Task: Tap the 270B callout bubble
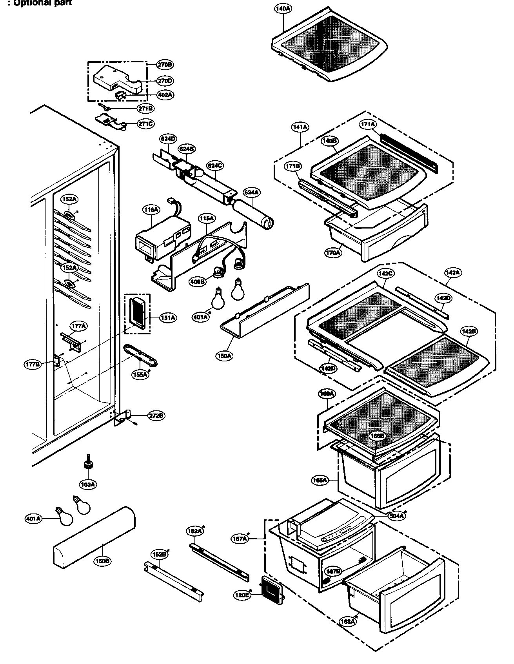pyautogui.click(x=165, y=64)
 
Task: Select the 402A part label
pyautogui.click(x=165, y=95)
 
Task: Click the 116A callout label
pyautogui.click(x=151, y=210)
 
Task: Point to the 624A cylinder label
pyautogui.click(x=251, y=192)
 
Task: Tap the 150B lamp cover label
pyautogui.click(x=102, y=561)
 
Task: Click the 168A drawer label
pyautogui.click(x=348, y=621)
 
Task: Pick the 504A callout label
pyautogui.click(x=397, y=516)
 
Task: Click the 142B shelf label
pyautogui.click(x=469, y=331)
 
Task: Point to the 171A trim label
pyautogui.click(x=368, y=124)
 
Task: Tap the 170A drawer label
pyautogui.click(x=333, y=253)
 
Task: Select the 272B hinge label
pyautogui.click(x=156, y=416)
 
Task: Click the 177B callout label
pyautogui.click(x=32, y=365)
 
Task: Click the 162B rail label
pyautogui.click(x=159, y=554)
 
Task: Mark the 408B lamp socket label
pyautogui.click(x=197, y=281)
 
